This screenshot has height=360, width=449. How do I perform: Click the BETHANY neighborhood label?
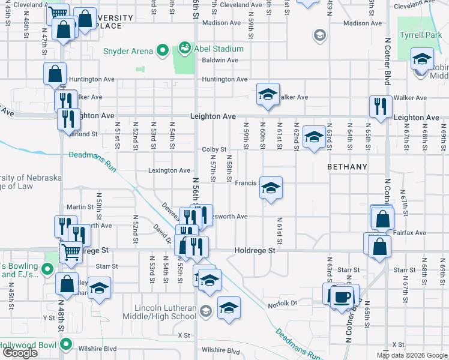tap(347, 166)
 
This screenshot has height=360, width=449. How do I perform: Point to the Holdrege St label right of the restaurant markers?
tap(255, 250)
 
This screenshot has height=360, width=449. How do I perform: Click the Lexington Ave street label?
tap(170, 170)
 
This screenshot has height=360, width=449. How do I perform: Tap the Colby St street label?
tap(214, 149)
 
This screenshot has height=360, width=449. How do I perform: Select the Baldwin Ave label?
tap(220, 60)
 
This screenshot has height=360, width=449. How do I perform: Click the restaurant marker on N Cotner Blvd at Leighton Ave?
tap(381, 107)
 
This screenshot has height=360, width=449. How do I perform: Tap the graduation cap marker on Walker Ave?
tap(268, 94)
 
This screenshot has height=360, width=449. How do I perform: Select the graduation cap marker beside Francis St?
tap(271, 188)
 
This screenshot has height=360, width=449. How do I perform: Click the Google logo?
tap(20, 353)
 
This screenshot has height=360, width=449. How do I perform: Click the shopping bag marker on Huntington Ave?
tap(55, 74)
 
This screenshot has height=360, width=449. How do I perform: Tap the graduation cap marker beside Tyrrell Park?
tap(422, 59)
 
